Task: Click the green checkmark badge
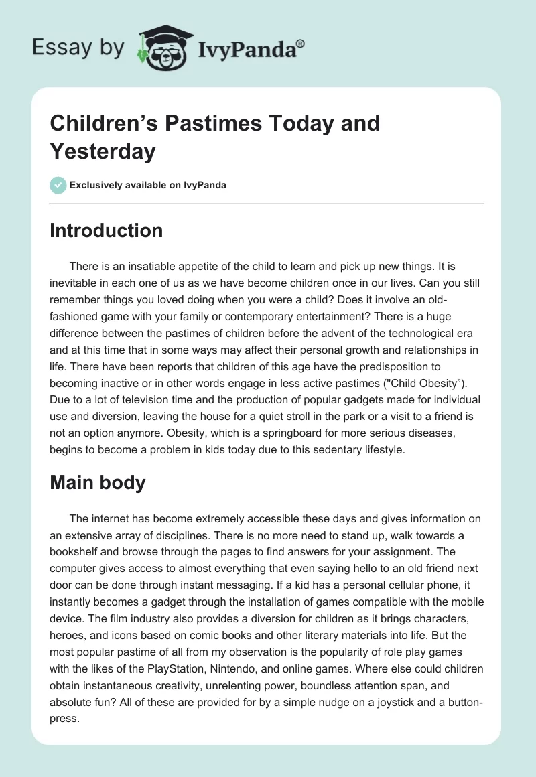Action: pyautogui.click(x=58, y=185)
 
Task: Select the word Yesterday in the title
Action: pyautogui.click(x=103, y=151)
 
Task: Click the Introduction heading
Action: pyautogui.click(x=107, y=230)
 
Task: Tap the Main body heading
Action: pyautogui.click(x=98, y=482)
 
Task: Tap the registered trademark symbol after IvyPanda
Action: pyautogui.click(x=301, y=43)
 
